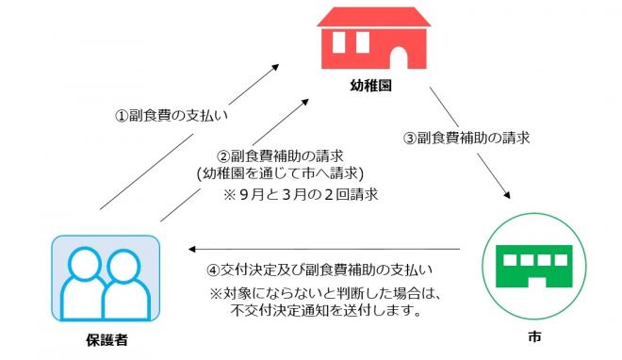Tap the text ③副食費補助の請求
(466, 137)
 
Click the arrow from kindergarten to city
(471, 146)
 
